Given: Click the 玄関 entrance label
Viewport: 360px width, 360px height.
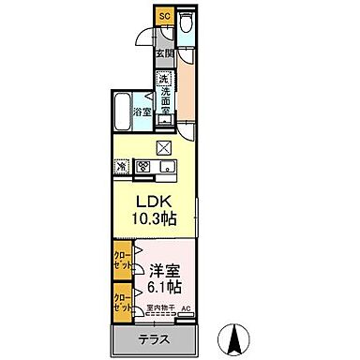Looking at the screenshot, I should (163, 53).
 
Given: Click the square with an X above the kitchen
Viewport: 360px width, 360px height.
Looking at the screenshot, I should (165, 147).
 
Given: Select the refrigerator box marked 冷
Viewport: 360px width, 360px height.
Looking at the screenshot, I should (122, 167).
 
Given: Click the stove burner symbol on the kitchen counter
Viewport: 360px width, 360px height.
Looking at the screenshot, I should (144, 167).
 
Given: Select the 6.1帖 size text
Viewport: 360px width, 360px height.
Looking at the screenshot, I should (165, 286).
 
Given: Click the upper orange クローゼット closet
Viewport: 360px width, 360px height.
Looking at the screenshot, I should (122, 260).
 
